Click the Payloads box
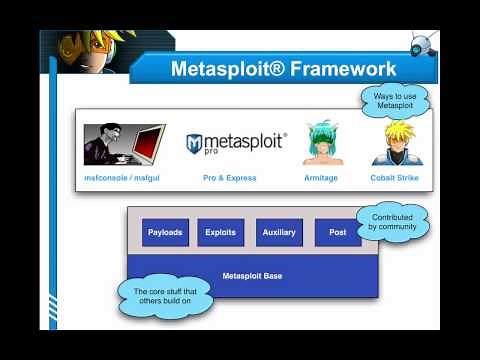pyautogui.click(x=165, y=232)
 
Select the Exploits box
pyautogui.click(x=220, y=232)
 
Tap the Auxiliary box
pyautogui.click(x=279, y=232)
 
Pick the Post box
pyautogui.click(x=338, y=232)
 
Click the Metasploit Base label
pyautogui.click(x=251, y=273)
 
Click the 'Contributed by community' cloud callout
pyautogui.click(x=392, y=222)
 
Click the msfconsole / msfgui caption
pyautogui.click(x=121, y=178)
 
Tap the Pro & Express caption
pyautogui.click(x=229, y=178)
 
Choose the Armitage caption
pyautogui.click(x=321, y=178)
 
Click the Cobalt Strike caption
pyautogui.click(x=394, y=178)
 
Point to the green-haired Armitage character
pyautogui.click(x=322, y=144)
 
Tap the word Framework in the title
pyautogui.click(x=339, y=69)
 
